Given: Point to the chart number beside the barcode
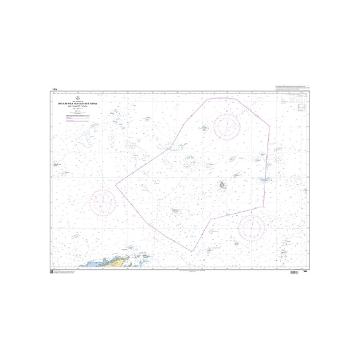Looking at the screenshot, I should click(305, 271).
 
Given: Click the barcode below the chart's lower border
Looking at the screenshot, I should click(296, 272).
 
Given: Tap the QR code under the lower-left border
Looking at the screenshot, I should click(52, 271).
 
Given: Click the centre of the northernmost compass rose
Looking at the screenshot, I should click(227, 126).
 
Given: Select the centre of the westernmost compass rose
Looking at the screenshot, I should click(103, 202).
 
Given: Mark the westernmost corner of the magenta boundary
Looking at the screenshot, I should click(116, 184).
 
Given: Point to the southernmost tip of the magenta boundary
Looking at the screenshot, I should click(192, 251).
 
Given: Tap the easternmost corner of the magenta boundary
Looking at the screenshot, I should click(270, 126).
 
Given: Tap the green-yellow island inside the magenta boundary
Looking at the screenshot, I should click(222, 184).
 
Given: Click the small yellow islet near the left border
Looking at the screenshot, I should click(55, 165).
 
